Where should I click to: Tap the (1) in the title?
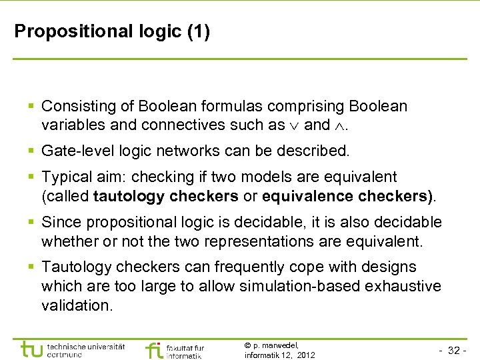coord(198,31)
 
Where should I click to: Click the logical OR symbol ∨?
coord(295,125)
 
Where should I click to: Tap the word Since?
coord(61,222)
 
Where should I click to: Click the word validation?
coord(77,305)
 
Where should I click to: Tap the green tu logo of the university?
coord(31,349)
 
